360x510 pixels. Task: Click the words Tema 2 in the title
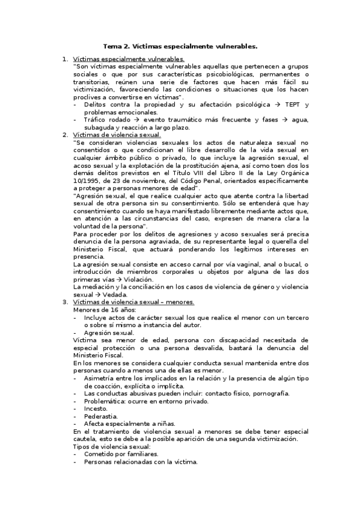click(x=116, y=46)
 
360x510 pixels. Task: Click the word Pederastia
click(x=102, y=416)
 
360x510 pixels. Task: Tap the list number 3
click(x=65, y=302)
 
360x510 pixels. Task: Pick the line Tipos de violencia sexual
click(x=112, y=447)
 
